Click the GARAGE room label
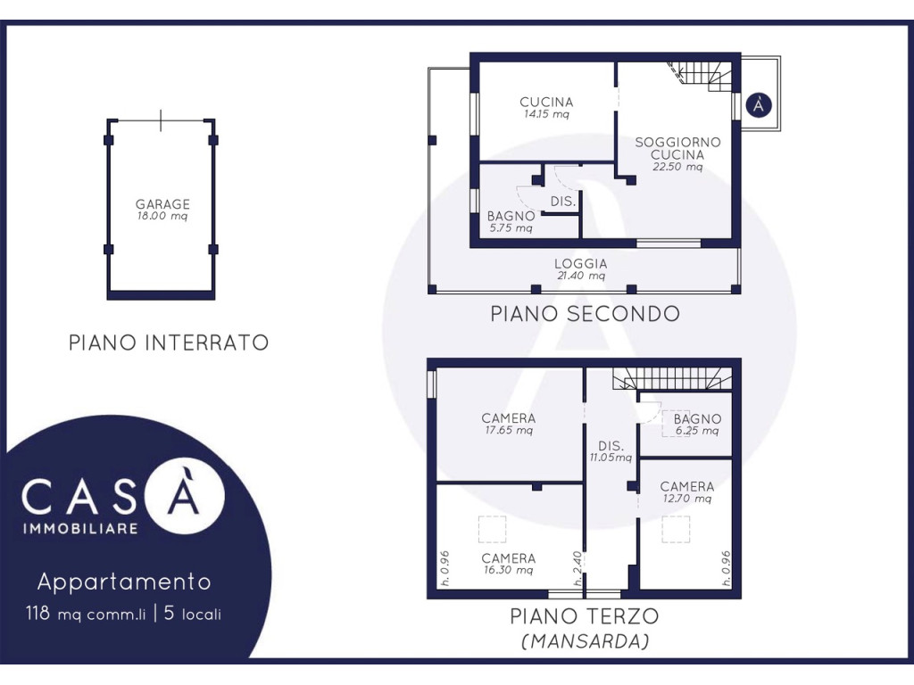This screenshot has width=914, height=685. point(162,204)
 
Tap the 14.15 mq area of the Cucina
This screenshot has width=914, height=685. point(546,114)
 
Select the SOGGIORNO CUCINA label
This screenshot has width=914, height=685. point(677,149)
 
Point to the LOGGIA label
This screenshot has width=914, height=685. point(580,264)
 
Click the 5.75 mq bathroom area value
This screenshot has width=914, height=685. point(511,228)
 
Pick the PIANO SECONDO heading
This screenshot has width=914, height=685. point(585,314)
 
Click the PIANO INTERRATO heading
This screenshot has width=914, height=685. point(169,342)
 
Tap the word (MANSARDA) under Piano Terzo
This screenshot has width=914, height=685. point(585,641)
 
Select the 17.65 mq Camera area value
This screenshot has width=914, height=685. point(509,431)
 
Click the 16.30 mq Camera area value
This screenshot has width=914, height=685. point(508,570)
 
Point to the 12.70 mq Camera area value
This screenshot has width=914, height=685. point(687,499)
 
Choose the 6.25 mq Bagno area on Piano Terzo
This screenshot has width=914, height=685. point(697,431)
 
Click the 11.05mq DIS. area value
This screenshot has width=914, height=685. point(611,458)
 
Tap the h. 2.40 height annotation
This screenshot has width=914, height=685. point(577,568)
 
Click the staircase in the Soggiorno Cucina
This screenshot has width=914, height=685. point(700,76)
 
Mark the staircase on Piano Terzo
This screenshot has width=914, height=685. point(672,378)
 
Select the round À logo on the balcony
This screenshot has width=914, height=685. point(759,105)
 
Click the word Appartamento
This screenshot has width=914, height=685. point(124,582)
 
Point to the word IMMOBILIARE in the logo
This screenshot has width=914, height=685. point(80,529)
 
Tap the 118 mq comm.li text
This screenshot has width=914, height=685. point(86,614)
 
